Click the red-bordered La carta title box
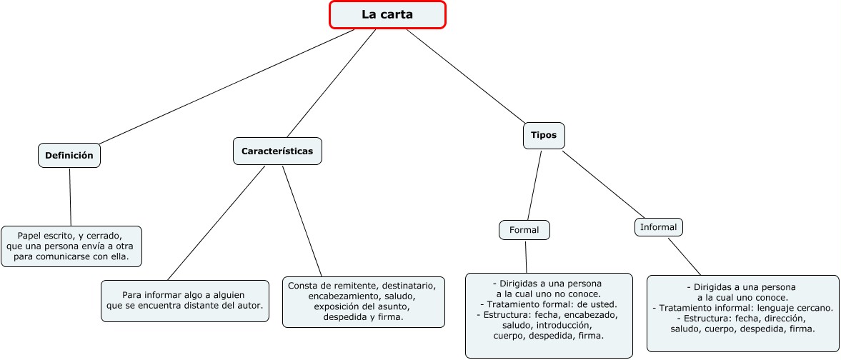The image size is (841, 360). (x=387, y=14)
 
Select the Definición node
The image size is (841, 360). (x=69, y=156)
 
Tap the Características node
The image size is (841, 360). (x=277, y=151)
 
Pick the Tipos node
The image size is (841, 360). (x=544, y=136)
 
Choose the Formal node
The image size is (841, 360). (x=524, y=230)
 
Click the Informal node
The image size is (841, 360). (x=659, y=227)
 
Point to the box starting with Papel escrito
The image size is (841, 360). (x=71, y=246)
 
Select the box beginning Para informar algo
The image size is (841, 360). (x=185, y=301)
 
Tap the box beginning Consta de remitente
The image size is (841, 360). (x=364, y=301)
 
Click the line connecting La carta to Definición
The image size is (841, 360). (x=226, y=87)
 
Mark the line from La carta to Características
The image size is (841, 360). (x=332, y=83)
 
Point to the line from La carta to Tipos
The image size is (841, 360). (x=466, y=76)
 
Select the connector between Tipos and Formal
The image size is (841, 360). (x=534, y=185)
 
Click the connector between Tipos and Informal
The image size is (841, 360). (x=603, y=184)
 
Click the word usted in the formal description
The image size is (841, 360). (x=603, y=304)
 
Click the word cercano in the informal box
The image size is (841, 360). (x=815, y=308)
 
